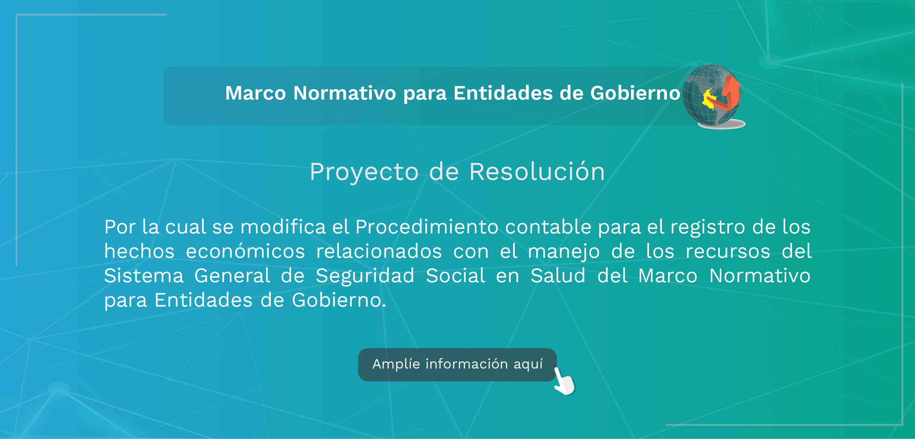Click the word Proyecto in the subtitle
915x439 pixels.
point(364,172)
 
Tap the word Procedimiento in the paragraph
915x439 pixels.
point(427,227)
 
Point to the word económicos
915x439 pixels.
point(245,251)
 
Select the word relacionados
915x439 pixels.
point(379,251)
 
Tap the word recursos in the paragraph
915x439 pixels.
point(728,252)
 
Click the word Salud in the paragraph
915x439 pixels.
point(558,276)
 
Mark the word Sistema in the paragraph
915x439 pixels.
point(144,276)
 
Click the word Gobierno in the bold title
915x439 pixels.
point(635,93)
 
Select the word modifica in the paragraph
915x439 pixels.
point(283,227)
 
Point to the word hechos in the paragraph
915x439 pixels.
point(139,251)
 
